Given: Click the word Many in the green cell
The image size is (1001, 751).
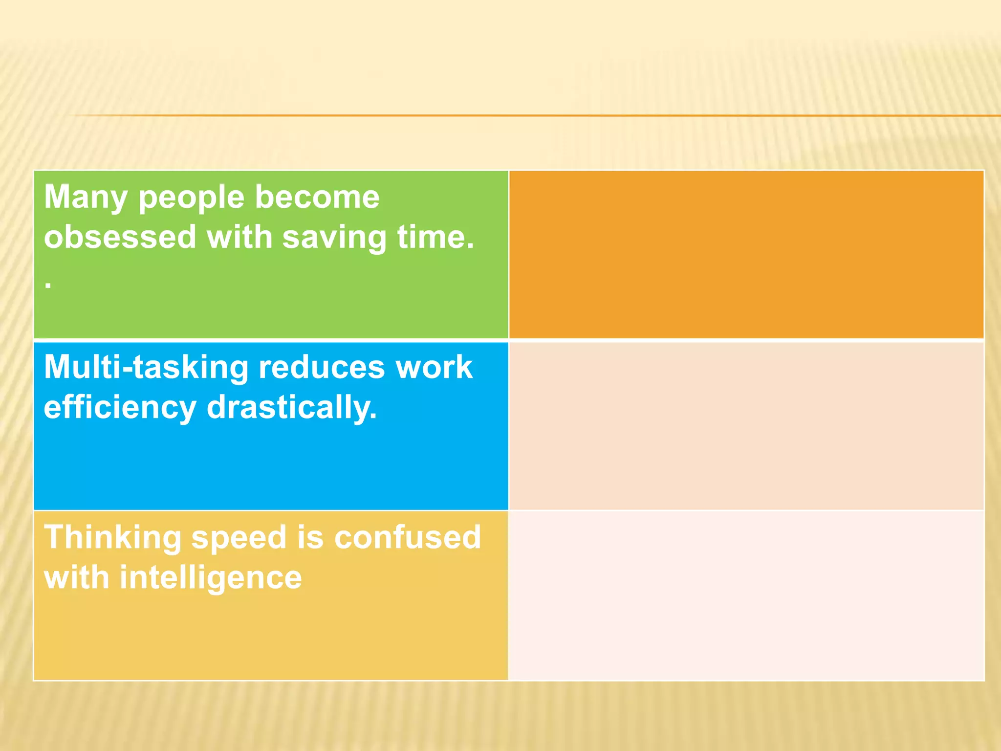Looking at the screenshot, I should pos(86,198).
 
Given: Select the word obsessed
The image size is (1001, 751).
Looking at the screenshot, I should pos(120,238).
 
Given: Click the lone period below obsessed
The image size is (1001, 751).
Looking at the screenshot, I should pos(48,286).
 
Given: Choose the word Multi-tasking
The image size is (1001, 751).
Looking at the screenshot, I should pos(146,368).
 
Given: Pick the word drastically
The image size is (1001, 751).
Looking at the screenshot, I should pos(292,408).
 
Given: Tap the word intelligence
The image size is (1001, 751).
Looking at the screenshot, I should pos(211,578).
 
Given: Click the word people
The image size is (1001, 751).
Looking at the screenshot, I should pos(191,198).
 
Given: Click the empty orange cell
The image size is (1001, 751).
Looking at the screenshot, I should pos(746,254).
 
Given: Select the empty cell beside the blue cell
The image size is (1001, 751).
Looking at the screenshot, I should pos(746,425).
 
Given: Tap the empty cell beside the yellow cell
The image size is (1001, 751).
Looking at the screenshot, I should pos(746,596).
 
